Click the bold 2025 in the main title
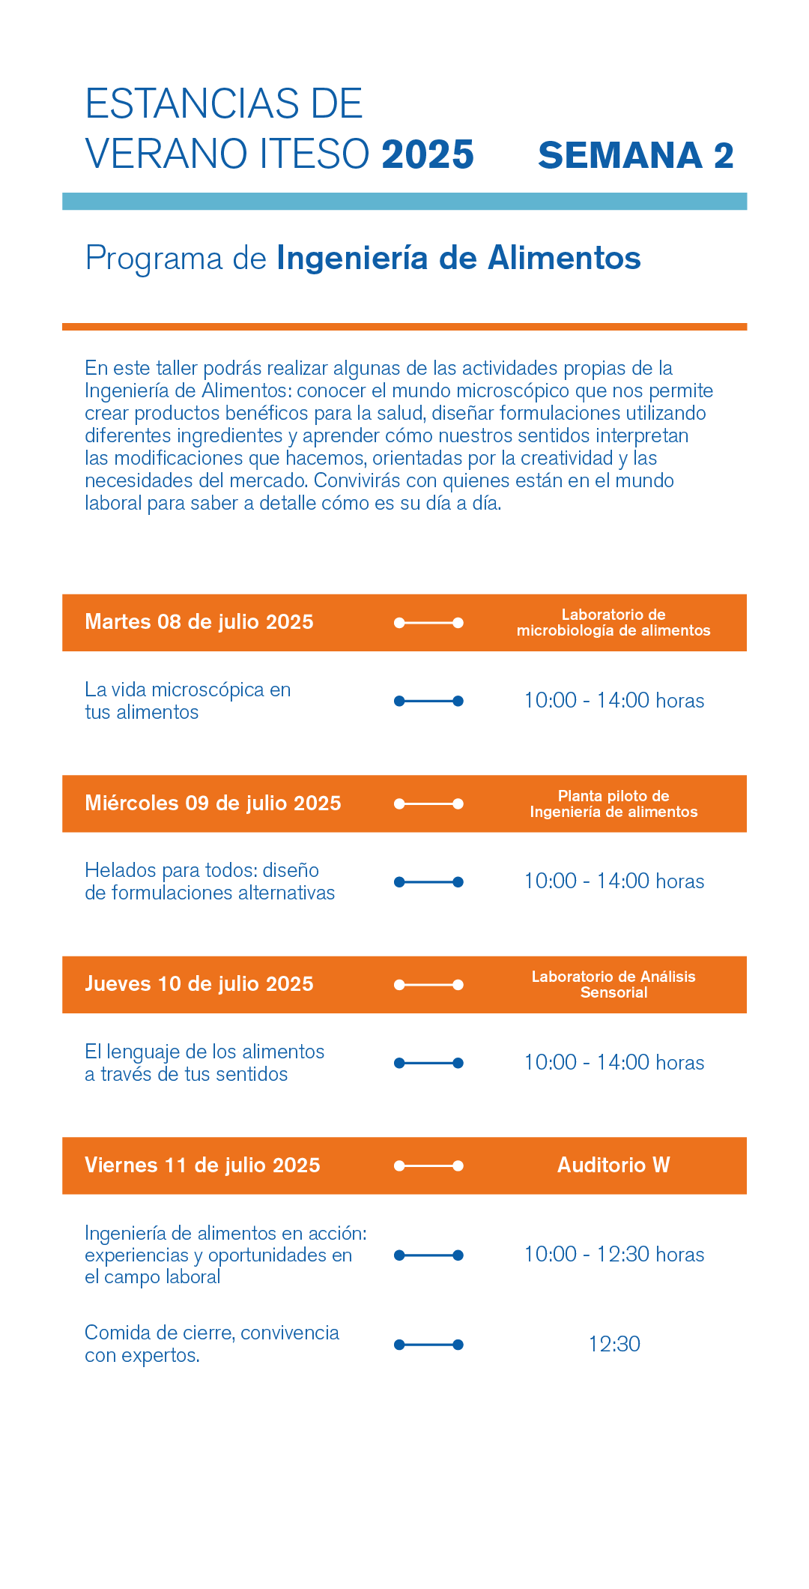click(x=428, y=154)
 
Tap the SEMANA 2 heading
click(x=635, y=156)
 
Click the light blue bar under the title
click(x=404, y=202)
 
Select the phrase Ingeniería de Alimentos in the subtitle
click(x=458, y=258)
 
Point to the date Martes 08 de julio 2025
click(x=199, y=622)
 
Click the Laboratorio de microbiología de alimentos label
click(x=613, y=623)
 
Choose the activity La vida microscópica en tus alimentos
click(x=187, y=701)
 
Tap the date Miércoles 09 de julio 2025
click(x=213, y=803)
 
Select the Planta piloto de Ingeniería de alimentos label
click(x=613, y=803)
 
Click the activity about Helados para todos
click(x=210, y=881)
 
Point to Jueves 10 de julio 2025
click(x=199, y=984)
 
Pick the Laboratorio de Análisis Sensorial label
click(x=613, y=984)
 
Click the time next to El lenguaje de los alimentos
click(x=613, y=1063)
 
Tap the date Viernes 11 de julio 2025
click(x=202, y=1166)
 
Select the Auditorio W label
click(x=613, y=1166)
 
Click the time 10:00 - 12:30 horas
click(x=613, y=1255)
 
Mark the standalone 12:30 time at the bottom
click(x=614, y=1345)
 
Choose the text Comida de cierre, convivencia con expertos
click(x=211, y=1344)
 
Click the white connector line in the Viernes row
click(x=428, y=1166)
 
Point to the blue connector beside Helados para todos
click(x=428, y=882)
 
